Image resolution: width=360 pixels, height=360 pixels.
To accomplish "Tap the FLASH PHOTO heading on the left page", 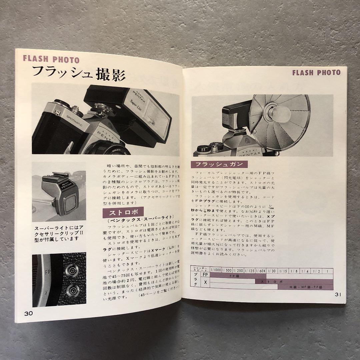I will [51, 60].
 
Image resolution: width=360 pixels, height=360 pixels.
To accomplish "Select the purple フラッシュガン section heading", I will [219, 164].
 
